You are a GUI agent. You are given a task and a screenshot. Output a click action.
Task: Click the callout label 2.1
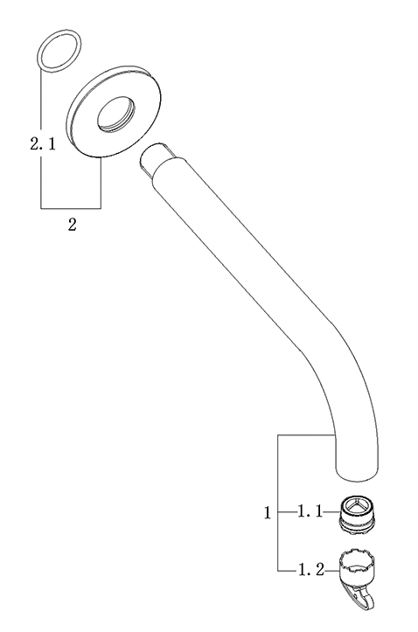(43, 143)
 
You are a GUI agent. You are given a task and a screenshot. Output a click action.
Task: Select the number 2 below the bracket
(73, 225)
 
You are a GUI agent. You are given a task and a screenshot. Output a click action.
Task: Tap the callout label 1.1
(310, 512)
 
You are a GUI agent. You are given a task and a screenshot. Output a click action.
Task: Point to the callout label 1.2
(310, 570)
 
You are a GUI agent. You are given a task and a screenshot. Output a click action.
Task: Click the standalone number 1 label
(268, 512)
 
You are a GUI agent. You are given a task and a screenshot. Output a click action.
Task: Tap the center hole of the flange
(115, 114)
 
